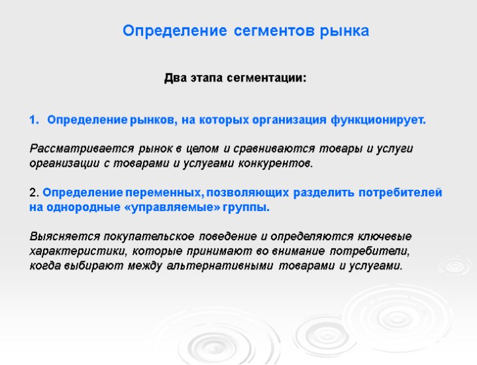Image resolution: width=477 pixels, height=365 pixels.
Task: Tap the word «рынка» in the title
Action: click(345, 31)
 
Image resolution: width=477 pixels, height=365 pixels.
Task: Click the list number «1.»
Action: click(35, 120)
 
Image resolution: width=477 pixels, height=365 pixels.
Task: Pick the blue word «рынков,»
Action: click(154, 120)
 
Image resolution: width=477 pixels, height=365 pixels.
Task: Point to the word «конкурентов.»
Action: click(273, 163)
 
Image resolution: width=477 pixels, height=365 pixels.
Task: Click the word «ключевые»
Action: click(386, 237)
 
